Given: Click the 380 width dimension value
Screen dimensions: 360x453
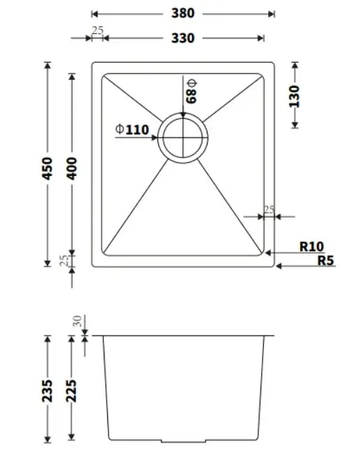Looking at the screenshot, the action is click(182, 13).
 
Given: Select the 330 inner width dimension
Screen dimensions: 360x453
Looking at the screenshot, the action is click(182, 38).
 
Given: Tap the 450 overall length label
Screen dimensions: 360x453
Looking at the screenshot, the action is click(47, 168).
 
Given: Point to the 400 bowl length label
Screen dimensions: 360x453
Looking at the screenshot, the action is click(72, 168).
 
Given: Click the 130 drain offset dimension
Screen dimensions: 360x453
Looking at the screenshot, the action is click(295, 97).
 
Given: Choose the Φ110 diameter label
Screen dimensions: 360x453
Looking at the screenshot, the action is click(132, 129).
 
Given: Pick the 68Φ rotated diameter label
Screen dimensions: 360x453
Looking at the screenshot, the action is click(191, 91).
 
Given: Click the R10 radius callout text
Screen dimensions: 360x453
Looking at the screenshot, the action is click(311, 246).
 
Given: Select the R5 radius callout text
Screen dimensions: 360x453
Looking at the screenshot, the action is click(326, 260).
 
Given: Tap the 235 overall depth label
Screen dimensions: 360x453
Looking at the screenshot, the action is click(47, 391).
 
